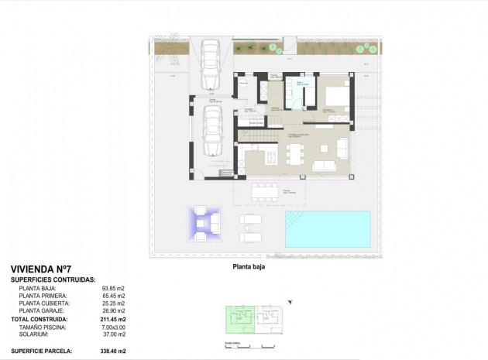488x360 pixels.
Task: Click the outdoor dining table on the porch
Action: click(265, 190)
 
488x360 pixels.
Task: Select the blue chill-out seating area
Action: click(204, 224)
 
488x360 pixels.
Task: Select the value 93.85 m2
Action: click(113, 288)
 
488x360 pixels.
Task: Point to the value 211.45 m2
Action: click(113, 319)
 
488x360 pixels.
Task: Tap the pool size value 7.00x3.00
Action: click(110, 327)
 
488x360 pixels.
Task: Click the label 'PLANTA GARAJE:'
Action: click(43, 311)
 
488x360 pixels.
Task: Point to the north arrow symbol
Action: click(290, 301)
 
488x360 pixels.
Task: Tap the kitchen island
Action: click(270, 158)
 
